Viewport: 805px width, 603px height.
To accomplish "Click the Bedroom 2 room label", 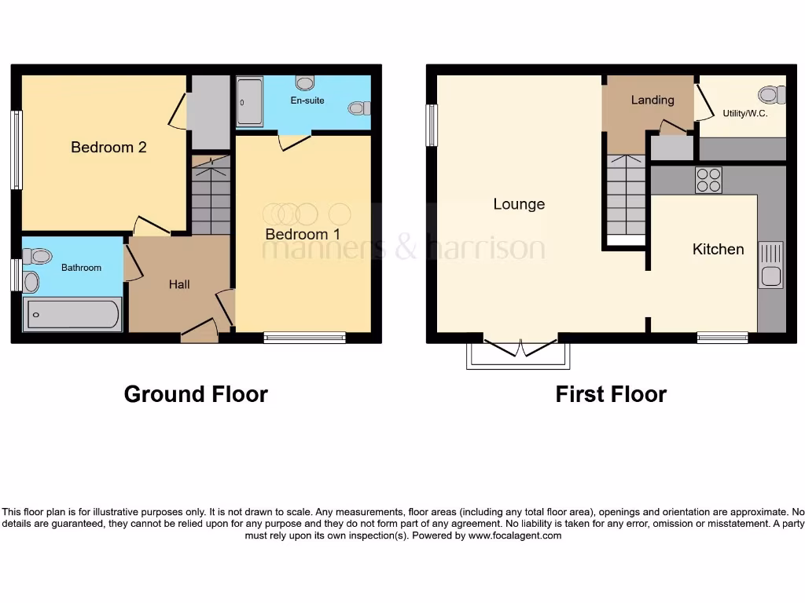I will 108,147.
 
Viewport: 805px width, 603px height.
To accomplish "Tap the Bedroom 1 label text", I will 303,234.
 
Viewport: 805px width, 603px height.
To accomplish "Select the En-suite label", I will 307,100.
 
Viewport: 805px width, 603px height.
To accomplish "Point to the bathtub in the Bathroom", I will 72,315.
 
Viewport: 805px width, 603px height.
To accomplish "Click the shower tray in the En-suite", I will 249,101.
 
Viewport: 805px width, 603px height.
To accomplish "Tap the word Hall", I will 179,284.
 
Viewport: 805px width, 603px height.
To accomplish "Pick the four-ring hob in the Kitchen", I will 708,181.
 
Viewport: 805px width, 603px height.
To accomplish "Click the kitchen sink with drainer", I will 770,265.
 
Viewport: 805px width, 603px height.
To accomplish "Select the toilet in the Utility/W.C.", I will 771,95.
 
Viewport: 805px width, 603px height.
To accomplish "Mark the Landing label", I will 652,100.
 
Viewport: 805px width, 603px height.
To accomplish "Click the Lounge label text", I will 519,204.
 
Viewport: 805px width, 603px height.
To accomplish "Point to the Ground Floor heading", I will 196,394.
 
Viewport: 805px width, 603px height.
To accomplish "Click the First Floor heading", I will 611,394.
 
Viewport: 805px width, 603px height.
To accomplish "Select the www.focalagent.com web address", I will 515,535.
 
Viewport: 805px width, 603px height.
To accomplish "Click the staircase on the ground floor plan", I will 211,196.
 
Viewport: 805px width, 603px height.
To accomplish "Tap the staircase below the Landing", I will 626,196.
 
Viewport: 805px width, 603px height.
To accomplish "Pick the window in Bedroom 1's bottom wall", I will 304,338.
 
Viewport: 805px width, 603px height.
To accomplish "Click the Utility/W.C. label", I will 744,114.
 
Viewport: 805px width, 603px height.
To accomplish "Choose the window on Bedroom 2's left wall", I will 17,149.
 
